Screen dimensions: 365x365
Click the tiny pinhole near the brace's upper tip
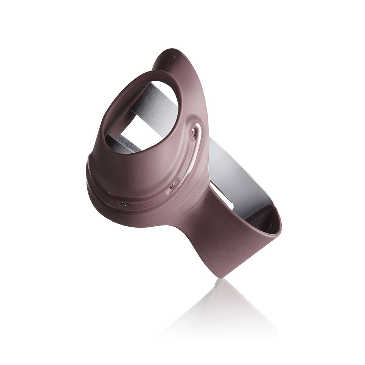(174, 57)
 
